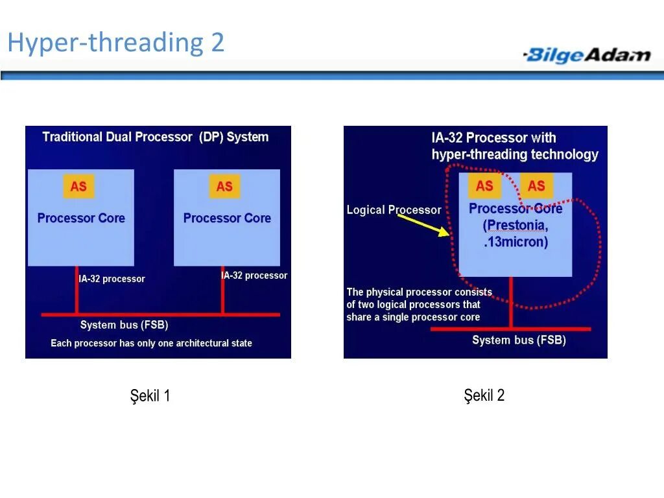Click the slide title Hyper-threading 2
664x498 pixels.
click(x=115, y=43)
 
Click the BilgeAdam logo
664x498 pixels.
click(x=587, y=54)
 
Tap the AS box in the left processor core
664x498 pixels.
click(x=78, y=187)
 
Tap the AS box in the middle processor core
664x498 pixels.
click(x=224, y=187)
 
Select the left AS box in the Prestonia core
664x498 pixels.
click(x=484, y=186)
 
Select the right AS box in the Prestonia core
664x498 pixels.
click(x=536, y=186)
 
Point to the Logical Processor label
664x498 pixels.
click(x=394, y=210)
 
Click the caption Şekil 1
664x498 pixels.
click(x=150, y=396)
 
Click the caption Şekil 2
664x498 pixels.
click(x=484, y=396)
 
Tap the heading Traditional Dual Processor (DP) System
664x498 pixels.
click(x=155, y=137)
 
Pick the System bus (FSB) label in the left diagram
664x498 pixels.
click(x=124, y=325)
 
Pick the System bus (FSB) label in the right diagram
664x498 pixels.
click(x=519, y=340)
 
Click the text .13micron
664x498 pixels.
click(x=516, y=243)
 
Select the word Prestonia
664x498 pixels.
click(x=516, y=226)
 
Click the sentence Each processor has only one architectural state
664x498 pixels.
click(x=151, y=343)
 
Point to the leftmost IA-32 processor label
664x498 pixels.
click(x=112, y=279)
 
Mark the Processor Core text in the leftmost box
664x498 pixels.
click(x=81, y=218)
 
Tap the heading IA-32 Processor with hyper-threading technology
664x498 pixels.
click(x=514, y=146)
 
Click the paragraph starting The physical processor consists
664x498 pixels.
click(x=419, y=305)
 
